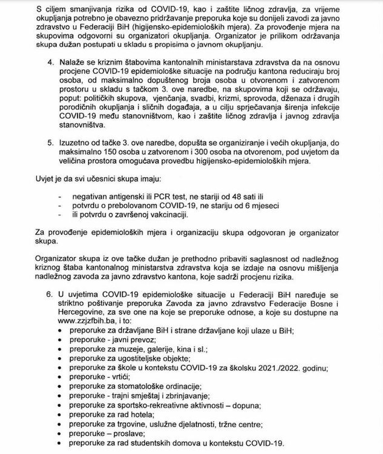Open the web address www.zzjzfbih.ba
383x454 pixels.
coord(86,312)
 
